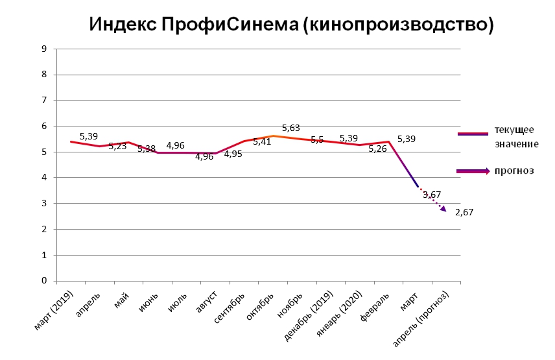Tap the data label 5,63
point(290,128)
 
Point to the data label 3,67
point(432,195)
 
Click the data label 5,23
point(117,147)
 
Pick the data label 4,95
point(233,154)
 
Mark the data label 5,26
point(377,149)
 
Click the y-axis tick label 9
point(43,49)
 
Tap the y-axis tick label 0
point(43,281)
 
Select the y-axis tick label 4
point(43,178)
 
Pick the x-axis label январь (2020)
point(343,312)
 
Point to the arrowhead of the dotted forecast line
point(443,209)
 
